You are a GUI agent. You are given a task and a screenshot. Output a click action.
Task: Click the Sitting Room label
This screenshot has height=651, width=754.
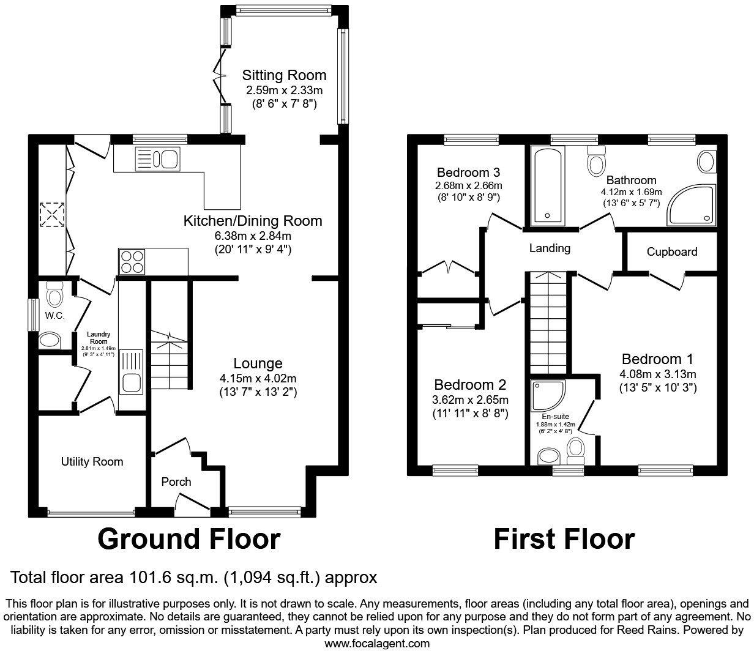[284, 75]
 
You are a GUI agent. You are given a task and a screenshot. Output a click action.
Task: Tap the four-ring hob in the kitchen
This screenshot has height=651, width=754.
[132, 262]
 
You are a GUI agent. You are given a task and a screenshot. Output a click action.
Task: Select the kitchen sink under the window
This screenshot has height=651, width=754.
[157, 159]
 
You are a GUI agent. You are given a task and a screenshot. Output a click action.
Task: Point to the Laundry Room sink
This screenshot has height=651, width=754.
[131, 374]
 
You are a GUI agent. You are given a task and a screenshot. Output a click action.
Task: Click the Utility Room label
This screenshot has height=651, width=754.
[92, 462]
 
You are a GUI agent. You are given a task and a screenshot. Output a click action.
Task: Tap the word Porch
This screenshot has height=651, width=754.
[176, 482]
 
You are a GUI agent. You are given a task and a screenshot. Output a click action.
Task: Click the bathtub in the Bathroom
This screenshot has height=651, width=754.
[548, 186]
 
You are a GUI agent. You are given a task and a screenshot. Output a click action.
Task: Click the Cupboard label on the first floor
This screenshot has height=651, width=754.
[671, 252]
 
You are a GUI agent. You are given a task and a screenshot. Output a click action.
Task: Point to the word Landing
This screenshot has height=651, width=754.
[550, 248]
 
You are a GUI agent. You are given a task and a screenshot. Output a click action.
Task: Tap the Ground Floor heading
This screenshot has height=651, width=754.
[189, 539]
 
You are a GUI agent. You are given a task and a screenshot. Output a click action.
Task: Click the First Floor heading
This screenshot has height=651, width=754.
[564, 539]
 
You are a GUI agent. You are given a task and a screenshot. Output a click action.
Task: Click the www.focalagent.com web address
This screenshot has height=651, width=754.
[376, 644]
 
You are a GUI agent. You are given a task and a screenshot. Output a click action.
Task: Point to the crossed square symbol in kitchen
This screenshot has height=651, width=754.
[52, 214]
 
